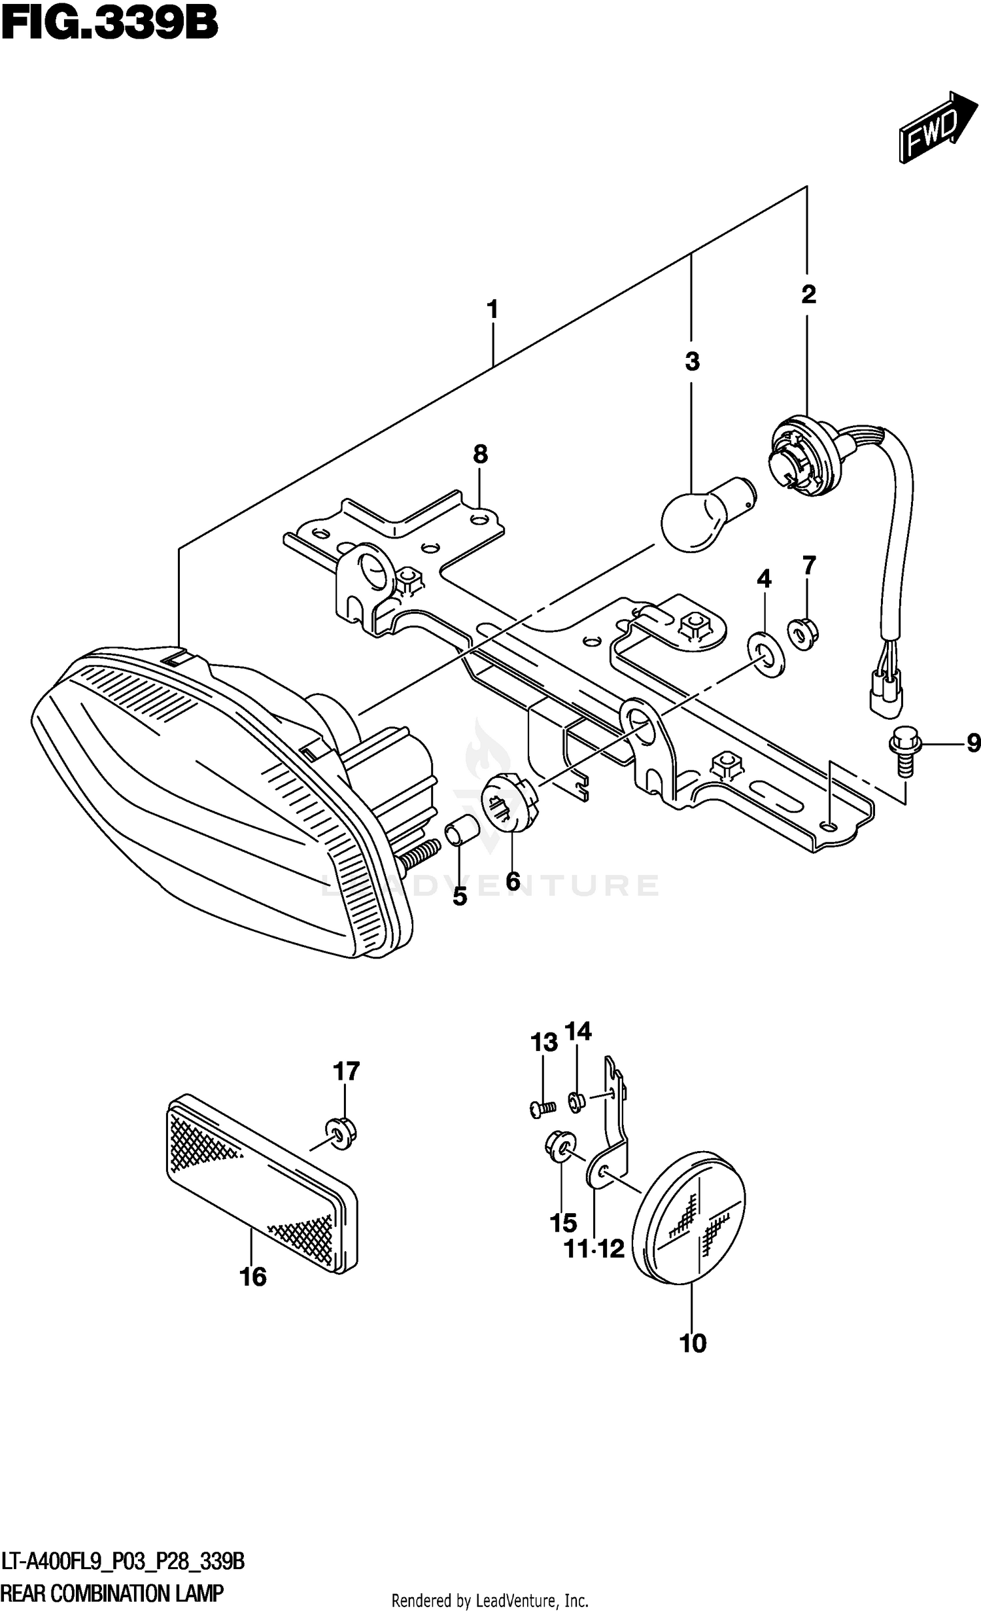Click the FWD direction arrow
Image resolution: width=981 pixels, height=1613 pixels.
[x=937, y=126]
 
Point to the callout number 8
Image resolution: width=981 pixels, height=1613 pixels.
[x=480, y=453]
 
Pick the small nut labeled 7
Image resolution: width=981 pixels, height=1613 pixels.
[x=806, y=631]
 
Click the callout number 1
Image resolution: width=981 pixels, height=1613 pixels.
[x=492, y=309]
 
